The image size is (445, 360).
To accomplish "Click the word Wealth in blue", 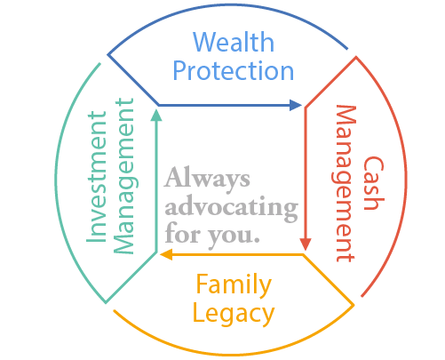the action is coord(234,42).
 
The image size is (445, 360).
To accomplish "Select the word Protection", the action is coord(234,70).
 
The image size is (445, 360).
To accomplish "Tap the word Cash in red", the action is coord(374,183).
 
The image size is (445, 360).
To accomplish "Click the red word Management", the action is coord(344,183).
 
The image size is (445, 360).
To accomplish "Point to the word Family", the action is coord(234,284).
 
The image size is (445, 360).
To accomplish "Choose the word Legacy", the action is coord(234,314).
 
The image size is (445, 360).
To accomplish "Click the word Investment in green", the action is coord(96,177).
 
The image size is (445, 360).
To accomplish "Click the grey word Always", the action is coord(207,179).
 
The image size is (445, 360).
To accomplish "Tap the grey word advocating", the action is coord(232,207).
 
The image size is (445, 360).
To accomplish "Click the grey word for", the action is coord(183,233).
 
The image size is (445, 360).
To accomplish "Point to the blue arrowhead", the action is coord(296,105).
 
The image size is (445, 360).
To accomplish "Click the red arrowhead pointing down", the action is coord(306,244).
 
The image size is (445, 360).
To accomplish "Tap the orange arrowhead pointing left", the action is coord(166,254).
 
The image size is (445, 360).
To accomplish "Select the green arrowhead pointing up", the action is coord(156,115).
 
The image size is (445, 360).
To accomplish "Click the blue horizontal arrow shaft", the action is coord(224,105).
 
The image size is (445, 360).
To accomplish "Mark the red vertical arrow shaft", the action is coord(306,173).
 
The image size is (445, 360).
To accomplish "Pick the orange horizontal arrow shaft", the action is coord(237,254).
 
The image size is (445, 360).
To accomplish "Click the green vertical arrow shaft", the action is coord(156,187).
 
